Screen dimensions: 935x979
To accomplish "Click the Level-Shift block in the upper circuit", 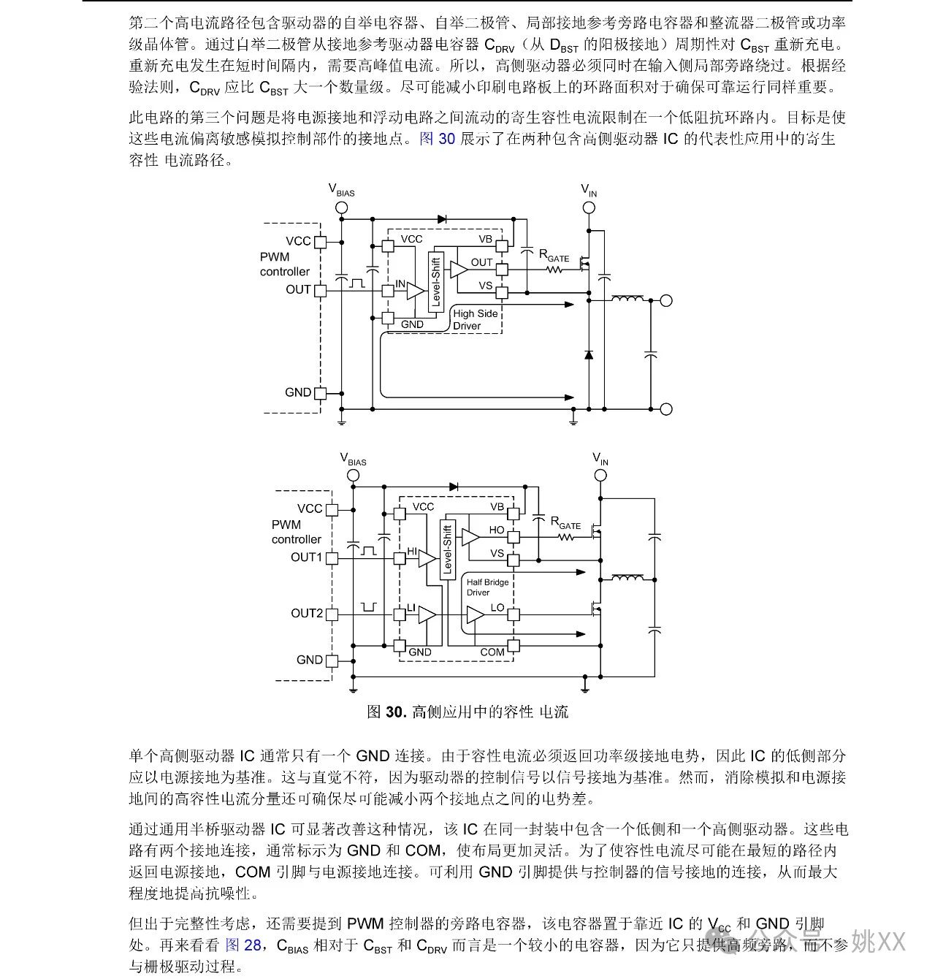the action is point(435,282).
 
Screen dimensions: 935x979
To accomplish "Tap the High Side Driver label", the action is point(475,319).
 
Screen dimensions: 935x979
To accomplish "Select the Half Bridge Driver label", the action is point(487,587).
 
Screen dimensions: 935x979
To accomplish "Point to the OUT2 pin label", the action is point(306,613).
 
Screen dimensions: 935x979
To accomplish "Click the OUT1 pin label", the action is point(306,557).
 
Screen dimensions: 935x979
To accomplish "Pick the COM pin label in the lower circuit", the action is point(492,652).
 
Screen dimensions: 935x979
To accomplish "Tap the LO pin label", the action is point(497,608).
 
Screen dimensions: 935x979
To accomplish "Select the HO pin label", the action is point(497,530).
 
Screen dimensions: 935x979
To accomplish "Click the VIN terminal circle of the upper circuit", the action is point(589,207).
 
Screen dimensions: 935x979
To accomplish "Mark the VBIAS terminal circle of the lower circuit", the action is point(353,475).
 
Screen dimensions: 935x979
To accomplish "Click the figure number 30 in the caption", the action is point(395,712).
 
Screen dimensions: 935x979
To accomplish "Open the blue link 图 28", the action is point(243,945).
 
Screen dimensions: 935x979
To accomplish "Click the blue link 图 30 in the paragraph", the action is point(437,138).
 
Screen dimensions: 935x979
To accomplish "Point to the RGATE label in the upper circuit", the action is point(554,256).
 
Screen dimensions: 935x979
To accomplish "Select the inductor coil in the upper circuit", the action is point(627,298).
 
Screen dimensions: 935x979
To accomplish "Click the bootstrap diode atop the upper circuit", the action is point(442,219).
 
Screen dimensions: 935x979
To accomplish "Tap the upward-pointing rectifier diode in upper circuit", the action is point(589,354).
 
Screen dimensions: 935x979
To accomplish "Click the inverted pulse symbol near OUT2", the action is point(369,607).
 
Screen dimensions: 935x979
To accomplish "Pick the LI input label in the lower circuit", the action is point(411,608).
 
